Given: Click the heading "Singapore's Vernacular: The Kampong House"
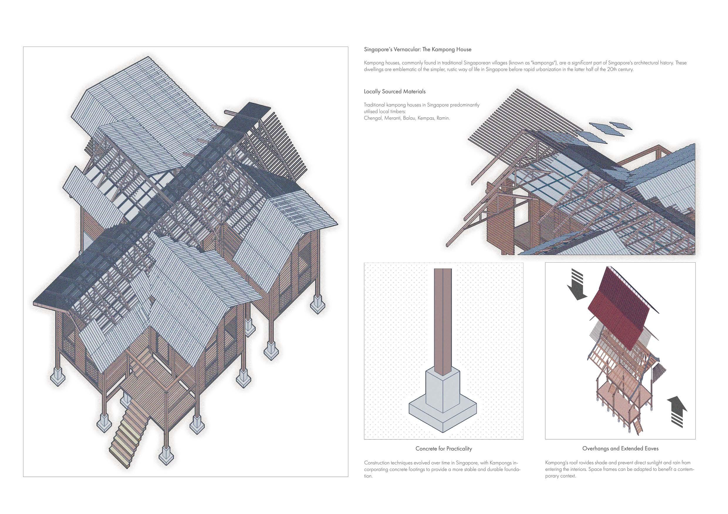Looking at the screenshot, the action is [417, 50].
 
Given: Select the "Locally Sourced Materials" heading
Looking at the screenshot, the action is [394, 91].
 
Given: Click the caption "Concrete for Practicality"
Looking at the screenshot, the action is [444, 448].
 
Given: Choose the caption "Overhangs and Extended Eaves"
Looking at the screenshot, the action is [620, 448].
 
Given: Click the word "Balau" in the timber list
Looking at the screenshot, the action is [409, 118].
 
